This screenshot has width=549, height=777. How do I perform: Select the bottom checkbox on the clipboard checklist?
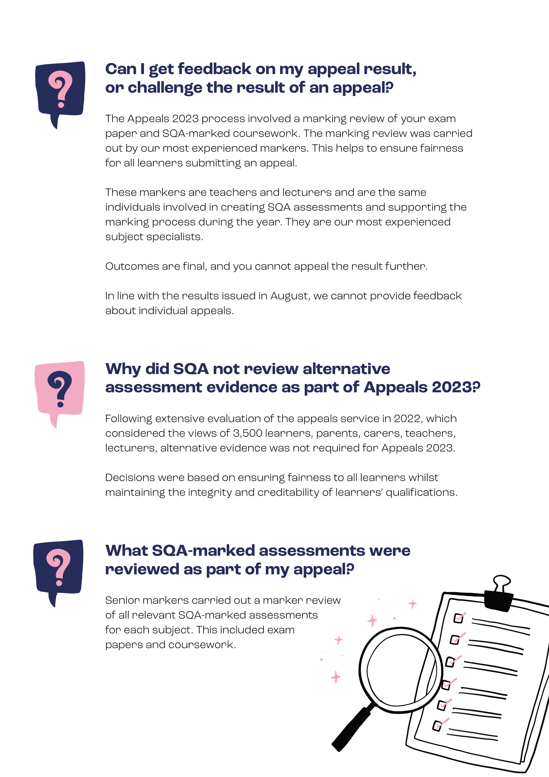437,726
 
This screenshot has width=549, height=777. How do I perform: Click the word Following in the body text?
129,419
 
